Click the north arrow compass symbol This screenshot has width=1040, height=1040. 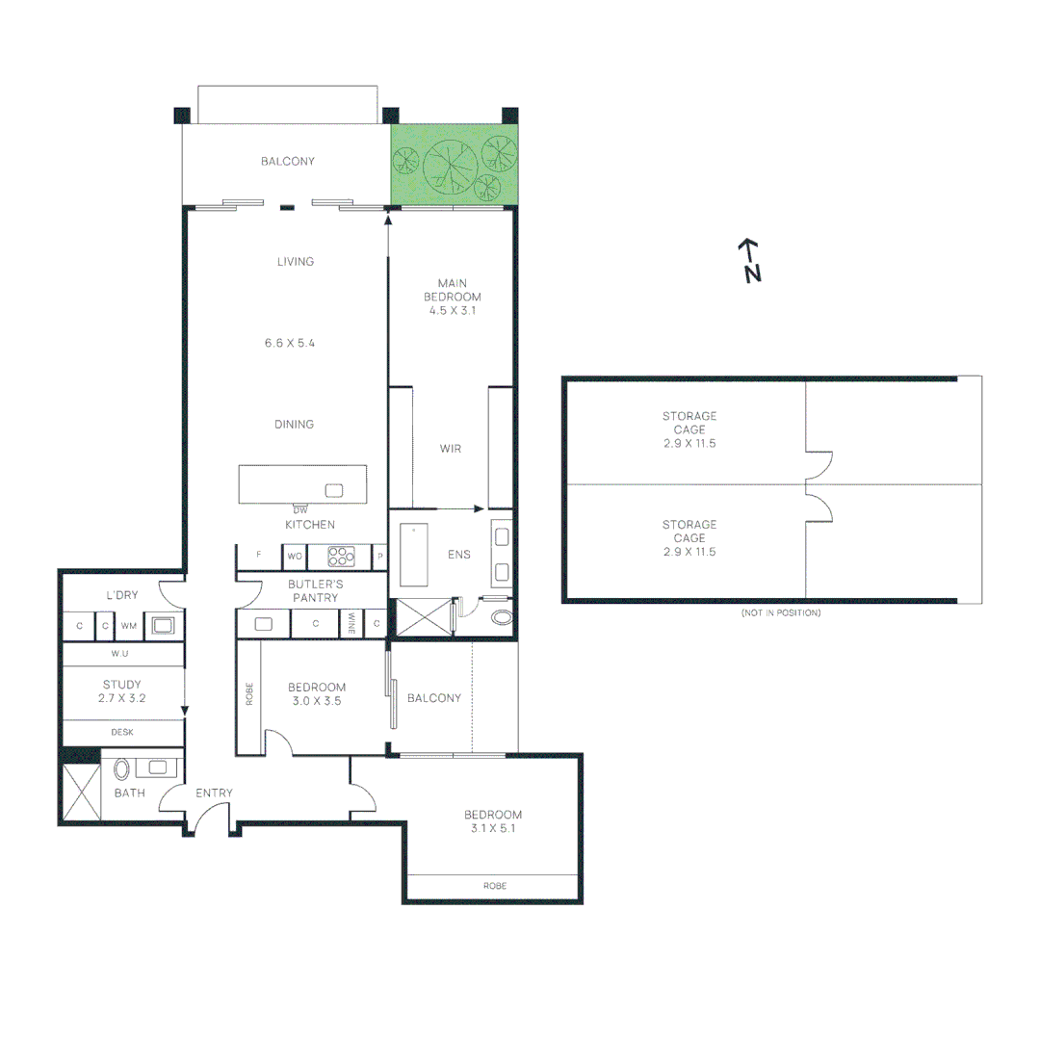[750, 260]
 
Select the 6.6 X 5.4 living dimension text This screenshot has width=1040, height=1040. [290, 342]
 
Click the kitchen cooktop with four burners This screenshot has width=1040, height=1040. [342, 556]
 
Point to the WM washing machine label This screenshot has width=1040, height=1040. [129, 626]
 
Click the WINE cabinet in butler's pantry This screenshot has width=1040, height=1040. [352, 624]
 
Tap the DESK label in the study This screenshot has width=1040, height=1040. [122, 732]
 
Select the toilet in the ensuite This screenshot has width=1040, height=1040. [501, 617]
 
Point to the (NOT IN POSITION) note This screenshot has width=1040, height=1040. [781, 613]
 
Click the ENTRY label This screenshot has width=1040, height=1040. [214, 793]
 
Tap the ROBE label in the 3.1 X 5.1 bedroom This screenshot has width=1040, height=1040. [495, 886]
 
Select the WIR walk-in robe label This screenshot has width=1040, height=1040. [451, 449]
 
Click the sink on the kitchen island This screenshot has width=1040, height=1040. [334, 490]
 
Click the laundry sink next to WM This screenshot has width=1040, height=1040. [160, 625]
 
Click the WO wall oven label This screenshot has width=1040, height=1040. [294, 556]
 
